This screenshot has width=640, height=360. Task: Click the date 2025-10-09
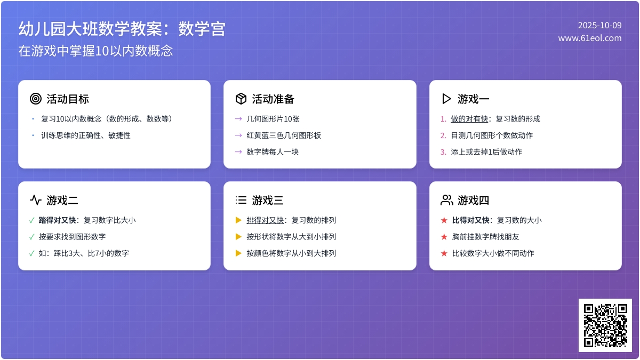click(599, 25)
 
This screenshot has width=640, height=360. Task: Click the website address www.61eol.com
click(590, 38)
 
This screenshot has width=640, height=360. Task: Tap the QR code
click(605, 325)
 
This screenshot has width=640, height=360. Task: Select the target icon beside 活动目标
click(36, 99)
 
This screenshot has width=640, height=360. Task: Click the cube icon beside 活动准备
click(241, 99)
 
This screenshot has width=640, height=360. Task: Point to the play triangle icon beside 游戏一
click(446, 99)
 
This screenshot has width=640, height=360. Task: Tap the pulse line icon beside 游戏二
click(36, 200)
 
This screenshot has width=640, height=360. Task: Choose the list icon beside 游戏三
click(241, 200)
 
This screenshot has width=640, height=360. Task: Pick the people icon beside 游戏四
click(446, 200)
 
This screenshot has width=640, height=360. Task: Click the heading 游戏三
click(268, 201)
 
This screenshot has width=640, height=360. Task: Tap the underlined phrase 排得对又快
click(265, 220)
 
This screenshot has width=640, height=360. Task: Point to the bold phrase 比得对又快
click(471, 220)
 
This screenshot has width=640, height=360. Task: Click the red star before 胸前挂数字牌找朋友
click(444, 237)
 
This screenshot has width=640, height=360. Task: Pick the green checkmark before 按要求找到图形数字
click(32, 237)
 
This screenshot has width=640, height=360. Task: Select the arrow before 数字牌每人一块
click(238, 152)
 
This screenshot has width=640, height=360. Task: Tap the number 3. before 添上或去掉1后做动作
click(443, 152)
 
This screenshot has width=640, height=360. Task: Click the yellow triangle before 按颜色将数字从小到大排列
click(238, 253)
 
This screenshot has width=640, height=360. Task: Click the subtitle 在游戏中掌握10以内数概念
click(95, 51)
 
